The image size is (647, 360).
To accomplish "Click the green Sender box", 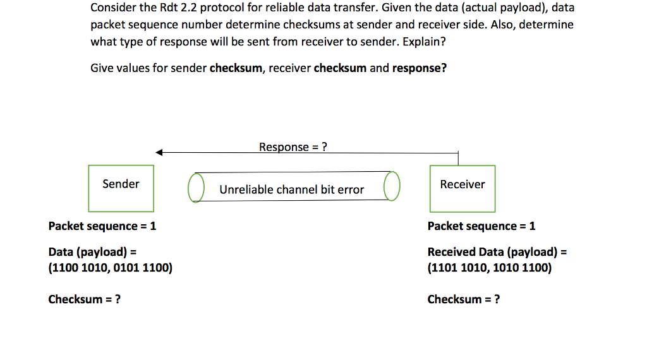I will tap(121, 188).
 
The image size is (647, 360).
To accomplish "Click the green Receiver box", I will tap(462, 188).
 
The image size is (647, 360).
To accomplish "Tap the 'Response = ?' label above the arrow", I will tap(293, 147).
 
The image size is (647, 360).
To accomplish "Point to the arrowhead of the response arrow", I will tap(160, 152).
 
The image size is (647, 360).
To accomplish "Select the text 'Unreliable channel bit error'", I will tap(291, 189).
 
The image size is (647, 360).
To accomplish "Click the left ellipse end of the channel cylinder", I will tap(196, 188).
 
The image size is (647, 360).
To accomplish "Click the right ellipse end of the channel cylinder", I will tap(392, 186).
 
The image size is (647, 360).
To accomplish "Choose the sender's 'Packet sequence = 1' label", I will tap(102, 226).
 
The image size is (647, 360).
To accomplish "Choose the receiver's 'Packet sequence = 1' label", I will tap(481, 226).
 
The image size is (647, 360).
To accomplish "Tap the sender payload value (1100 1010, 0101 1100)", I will tap(111, 268).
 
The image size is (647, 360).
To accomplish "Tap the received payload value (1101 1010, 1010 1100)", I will tap(490, 268).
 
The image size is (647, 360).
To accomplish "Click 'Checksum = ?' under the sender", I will tap(85, 299).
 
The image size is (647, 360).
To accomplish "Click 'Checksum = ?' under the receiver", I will tap(464, 299).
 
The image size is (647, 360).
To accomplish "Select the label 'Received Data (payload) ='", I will tap(497, 252).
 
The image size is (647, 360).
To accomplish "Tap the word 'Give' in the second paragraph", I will tap(103, 68).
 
